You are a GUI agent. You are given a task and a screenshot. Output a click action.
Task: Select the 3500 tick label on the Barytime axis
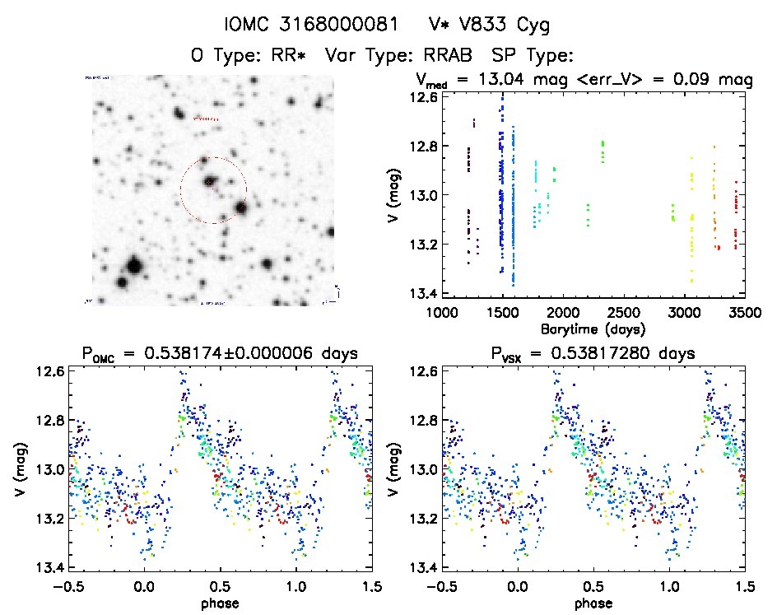coord(744,313)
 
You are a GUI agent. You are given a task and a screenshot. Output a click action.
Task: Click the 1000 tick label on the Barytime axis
coord(441,313)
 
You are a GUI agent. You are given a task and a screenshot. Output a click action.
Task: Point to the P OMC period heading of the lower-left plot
coord(219,355)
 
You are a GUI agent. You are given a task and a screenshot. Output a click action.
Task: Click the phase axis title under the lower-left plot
coord(219,602)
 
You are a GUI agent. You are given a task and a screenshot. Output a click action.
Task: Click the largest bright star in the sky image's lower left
coord(133,266)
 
